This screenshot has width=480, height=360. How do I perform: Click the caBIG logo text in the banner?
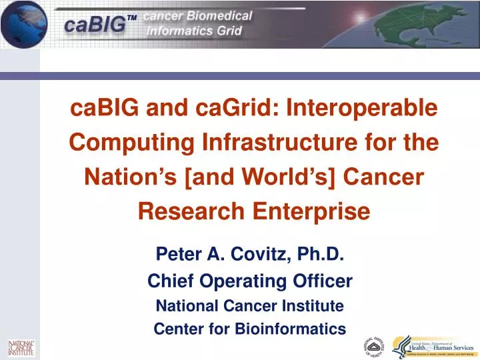coord(95,25)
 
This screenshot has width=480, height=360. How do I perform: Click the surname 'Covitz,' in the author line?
coord(255,254)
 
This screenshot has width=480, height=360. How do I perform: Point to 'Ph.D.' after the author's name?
coord(318,254)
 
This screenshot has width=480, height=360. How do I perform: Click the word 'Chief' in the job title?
coord(169,281)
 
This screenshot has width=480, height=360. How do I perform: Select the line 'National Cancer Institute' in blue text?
coord(249,306)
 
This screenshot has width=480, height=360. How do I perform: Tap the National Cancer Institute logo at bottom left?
coord(21,348)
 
